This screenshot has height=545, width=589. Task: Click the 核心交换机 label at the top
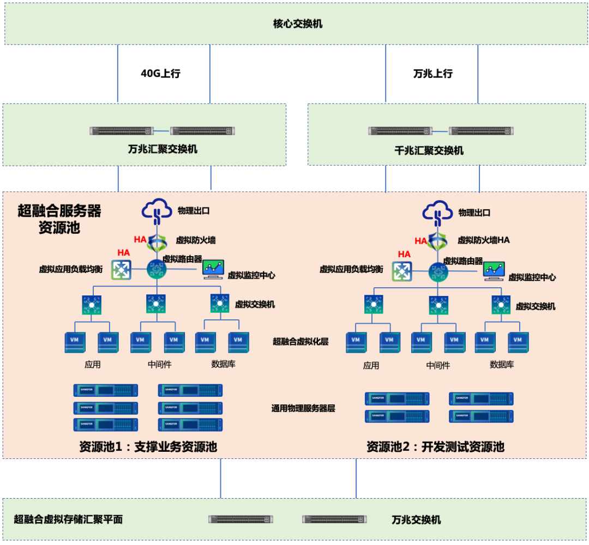point(298,24)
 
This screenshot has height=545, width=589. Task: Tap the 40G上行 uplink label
point(160,74)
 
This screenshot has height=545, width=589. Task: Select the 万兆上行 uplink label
point(432,74)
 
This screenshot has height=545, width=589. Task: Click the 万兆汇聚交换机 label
point(163,149)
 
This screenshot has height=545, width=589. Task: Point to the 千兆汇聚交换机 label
point(429,150)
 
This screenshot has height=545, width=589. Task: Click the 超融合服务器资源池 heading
point(59,219)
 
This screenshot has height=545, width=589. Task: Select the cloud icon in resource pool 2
point(438,213)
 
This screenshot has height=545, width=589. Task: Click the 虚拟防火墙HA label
point(483,240)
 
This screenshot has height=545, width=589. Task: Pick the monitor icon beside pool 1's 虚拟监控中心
point(213,269)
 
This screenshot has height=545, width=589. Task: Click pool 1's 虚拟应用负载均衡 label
point(71,269)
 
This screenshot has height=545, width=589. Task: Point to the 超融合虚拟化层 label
point(300,342)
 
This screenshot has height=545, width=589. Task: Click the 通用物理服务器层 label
point(303,408)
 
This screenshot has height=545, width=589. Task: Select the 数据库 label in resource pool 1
point(224,364)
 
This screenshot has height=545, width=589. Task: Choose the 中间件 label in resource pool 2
point(438,365)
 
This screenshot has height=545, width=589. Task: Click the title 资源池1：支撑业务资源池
point(148,447)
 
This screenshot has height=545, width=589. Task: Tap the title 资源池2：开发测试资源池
point(435,447)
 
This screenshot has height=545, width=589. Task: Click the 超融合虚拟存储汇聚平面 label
point(68,519)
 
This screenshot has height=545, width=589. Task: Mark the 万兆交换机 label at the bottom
point(416,519)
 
